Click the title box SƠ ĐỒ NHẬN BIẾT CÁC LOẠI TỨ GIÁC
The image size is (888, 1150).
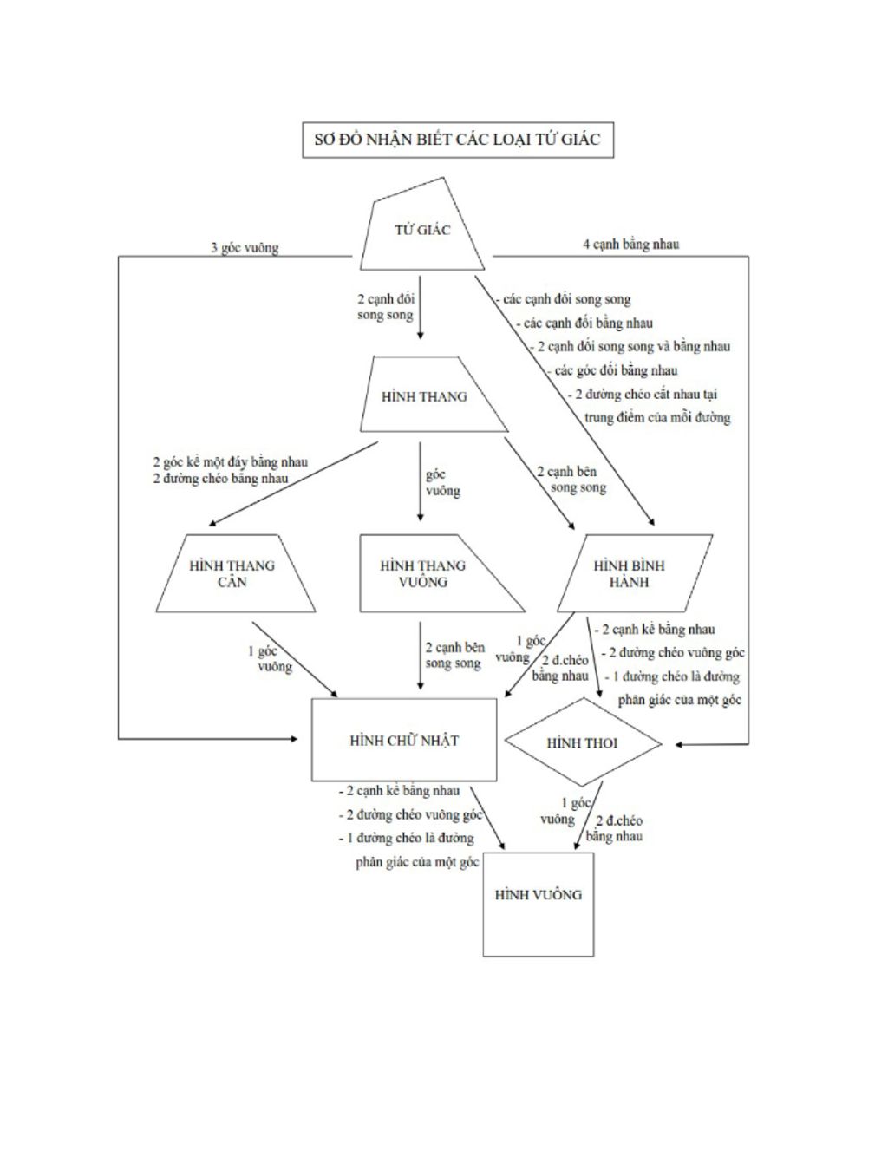[x=457, y=140]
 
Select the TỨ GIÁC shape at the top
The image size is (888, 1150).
[x=422, y=231]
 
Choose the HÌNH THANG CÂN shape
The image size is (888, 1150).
[x=232, y=573]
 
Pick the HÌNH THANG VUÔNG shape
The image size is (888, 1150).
[x=423, y=573]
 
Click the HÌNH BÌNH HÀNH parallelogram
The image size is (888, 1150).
[x=630, y=573]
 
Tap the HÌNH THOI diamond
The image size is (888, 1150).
[x=582, y=744]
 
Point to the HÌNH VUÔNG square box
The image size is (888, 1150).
[x=539, y=902]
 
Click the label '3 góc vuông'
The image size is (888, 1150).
[x=245, y=248]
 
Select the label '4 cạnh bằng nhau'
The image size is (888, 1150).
[x=630, y=245]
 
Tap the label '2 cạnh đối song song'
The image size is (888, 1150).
[x=386, y=307]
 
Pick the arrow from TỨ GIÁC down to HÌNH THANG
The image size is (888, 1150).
[x=421, y=308]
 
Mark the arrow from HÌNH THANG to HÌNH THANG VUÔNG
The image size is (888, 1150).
[x=421, y=481]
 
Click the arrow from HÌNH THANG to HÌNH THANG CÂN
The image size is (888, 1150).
[x=295, y=484]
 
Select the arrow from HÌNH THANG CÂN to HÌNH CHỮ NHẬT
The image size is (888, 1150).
[x=295, y=658]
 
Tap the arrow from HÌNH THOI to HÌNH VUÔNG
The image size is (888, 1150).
[x=589, y=815]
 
